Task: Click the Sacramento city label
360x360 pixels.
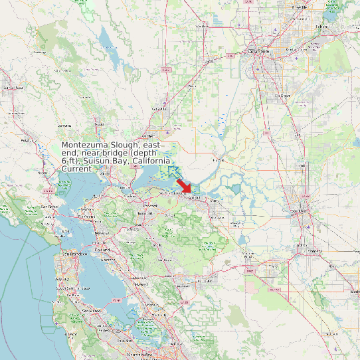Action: coord(260,51)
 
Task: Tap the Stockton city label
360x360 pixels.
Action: coord(298,212)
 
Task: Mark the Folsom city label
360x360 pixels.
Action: coord(322,27)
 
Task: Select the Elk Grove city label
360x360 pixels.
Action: coord(285,96)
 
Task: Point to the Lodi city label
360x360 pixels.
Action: coord(302,165)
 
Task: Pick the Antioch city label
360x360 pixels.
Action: coord(195,198)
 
